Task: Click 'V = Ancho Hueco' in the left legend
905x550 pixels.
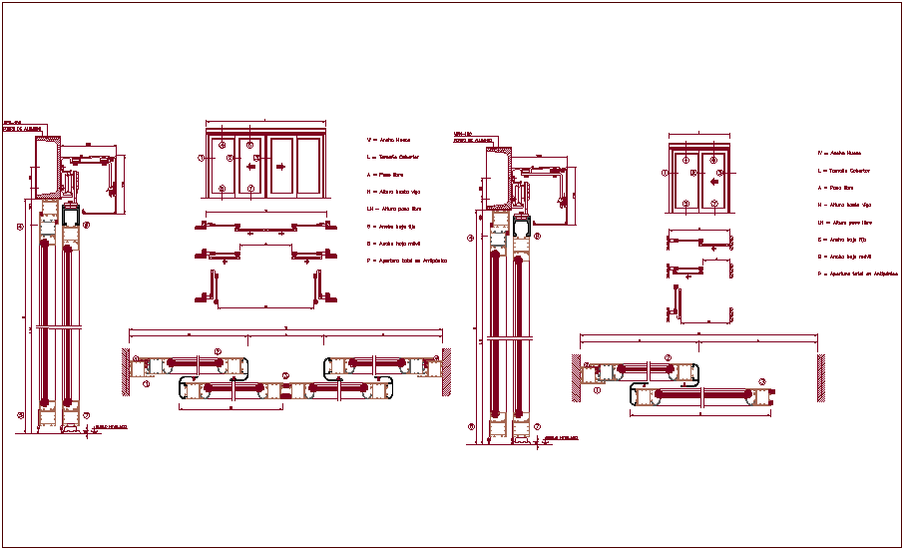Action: tap(389, 141)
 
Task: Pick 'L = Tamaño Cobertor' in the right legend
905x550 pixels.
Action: tap(844, 171)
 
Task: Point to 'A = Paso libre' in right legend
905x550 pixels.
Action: tap(836, 187)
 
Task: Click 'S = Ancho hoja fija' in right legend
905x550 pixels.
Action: tap(843, 240)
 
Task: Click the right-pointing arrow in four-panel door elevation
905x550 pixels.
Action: tap(280, 168)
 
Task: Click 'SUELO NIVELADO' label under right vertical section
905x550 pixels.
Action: tap(561, 438)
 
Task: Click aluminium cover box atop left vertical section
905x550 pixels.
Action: tap(48, 167)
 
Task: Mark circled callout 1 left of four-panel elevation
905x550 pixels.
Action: tap(201, 158)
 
